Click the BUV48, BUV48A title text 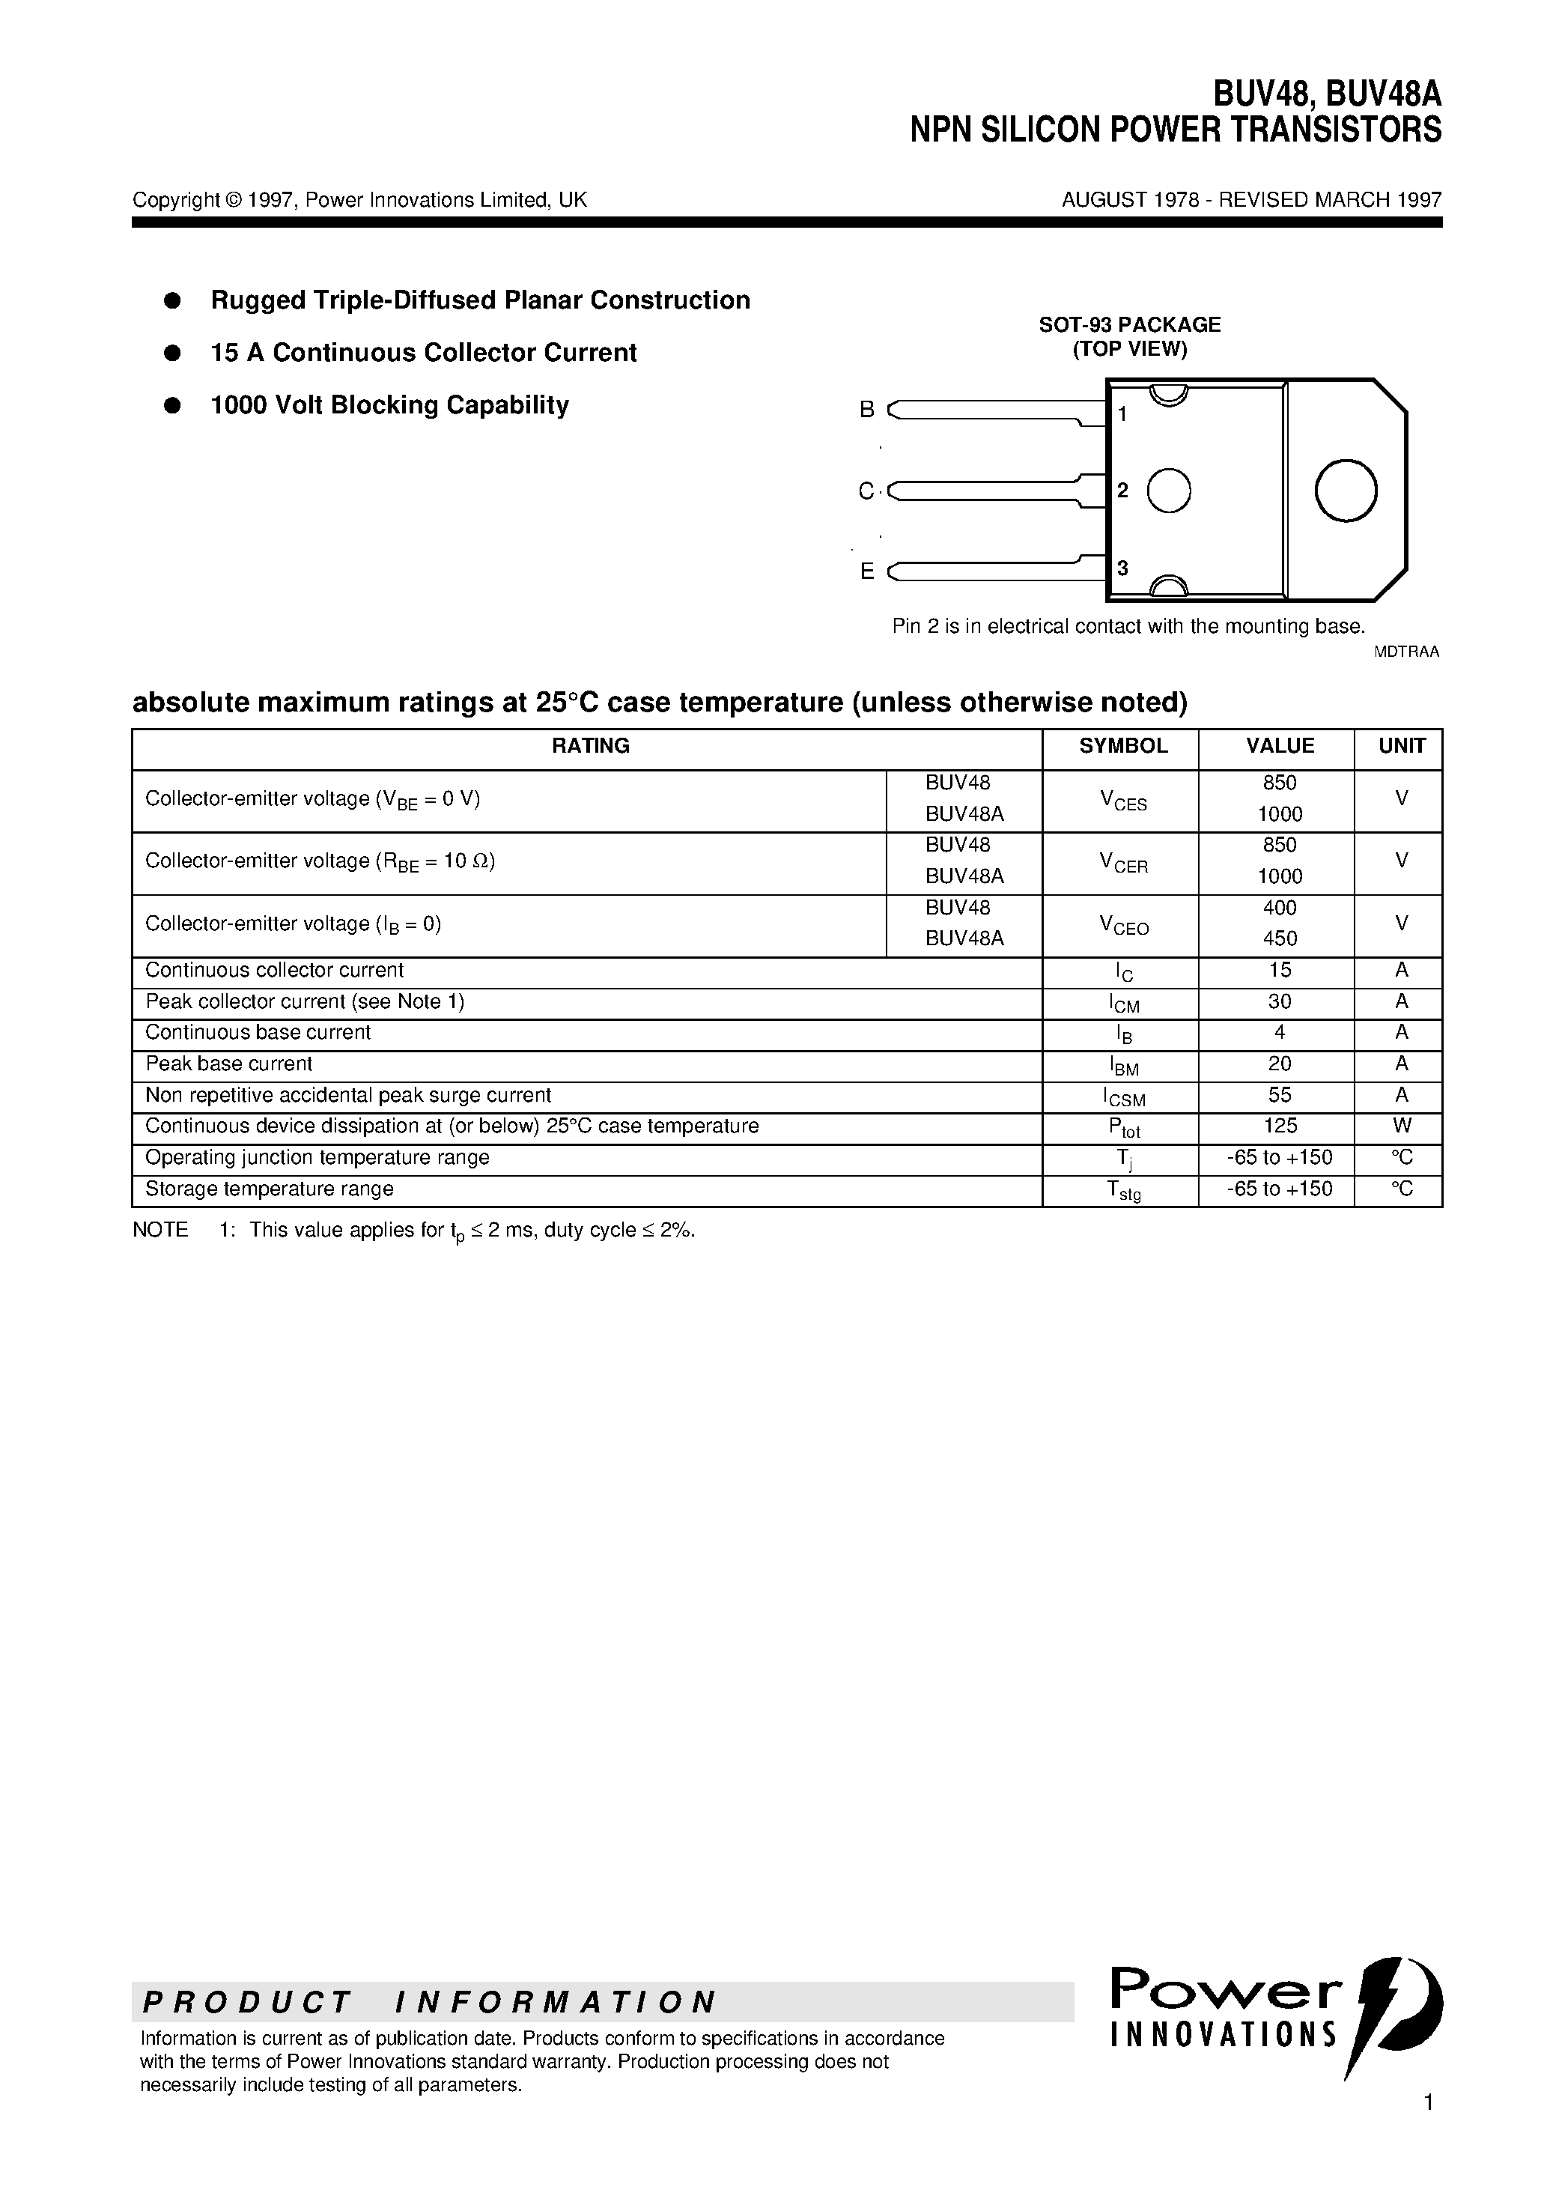coord(1327,94)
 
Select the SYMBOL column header coord(1122,746)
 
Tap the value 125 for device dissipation coord(1279,1126)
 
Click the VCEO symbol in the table coord(1123,924)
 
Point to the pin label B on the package coord(867,409)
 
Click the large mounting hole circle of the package coord(1345,491)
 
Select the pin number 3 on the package coord(1122,568)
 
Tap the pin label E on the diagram coord(867,571)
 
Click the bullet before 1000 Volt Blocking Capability coord(173,405)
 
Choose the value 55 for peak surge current coord(1279,1095)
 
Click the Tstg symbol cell coord(1122,1189)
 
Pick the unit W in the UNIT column coord(1401,1126)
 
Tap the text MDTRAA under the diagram coord(1405,652)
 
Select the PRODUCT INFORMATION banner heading coord(429,2002)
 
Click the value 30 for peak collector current coord(1279,1001)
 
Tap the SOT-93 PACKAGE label coord(1129,324)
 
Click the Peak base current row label coord(229,1064)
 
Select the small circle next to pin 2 coord(1167,491)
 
